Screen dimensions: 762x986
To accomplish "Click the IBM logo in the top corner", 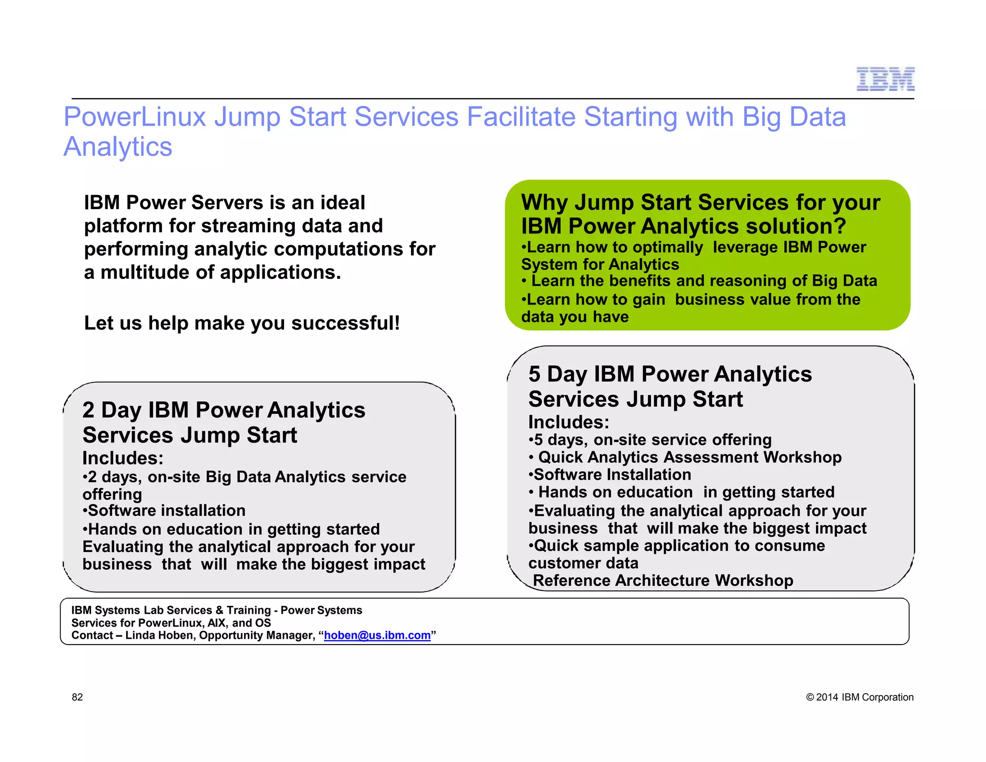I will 885,79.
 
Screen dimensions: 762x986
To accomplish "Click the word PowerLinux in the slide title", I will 135,117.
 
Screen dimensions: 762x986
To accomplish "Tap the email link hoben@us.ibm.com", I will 377,635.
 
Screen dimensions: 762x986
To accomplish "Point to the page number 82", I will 77,697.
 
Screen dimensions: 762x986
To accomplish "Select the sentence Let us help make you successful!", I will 242,323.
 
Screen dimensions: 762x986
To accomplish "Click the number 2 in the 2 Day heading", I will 88,410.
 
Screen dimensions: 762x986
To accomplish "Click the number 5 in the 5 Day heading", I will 534,374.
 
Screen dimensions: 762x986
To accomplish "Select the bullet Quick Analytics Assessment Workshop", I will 689,457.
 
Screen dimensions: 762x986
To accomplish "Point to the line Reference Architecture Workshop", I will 662,580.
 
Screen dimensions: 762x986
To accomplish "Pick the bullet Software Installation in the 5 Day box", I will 612,475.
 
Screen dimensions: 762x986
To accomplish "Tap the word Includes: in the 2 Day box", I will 123,458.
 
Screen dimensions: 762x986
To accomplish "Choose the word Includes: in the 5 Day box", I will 569,422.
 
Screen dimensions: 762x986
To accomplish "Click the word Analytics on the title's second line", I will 118,147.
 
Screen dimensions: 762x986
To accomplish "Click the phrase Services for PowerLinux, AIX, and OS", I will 171,623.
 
